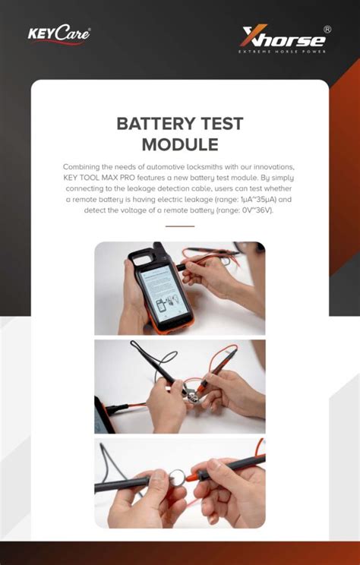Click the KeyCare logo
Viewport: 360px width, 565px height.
pos(58,35)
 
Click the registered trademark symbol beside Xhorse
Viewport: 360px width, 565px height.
pos(327,29)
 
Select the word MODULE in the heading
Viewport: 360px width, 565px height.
pos(180,145)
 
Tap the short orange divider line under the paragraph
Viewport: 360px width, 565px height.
pos(180,226)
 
